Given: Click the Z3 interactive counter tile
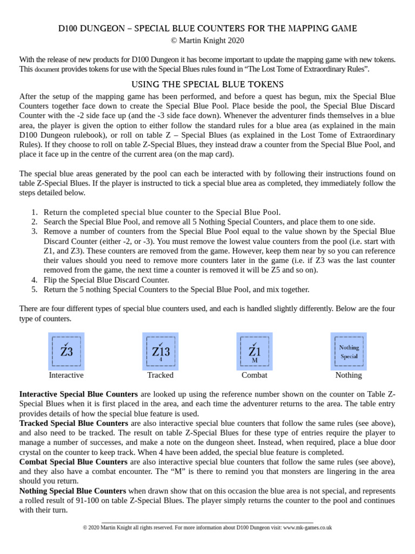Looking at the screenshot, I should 66,351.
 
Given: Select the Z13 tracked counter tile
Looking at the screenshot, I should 160,351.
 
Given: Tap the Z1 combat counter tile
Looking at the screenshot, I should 255,351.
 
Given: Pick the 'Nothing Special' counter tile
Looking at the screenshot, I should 349,351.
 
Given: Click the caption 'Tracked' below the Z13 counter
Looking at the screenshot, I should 160,375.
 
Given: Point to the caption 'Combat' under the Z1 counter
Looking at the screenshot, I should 255,375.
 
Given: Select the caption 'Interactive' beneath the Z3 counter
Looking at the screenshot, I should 66,375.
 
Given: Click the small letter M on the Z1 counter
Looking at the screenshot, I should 255,360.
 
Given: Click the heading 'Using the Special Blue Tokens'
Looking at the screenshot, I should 207,84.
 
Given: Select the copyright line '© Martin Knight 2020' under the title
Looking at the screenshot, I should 207,40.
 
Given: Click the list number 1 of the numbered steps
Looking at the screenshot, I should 34,212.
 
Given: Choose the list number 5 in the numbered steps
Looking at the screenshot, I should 34,289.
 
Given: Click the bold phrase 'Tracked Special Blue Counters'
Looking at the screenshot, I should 73,423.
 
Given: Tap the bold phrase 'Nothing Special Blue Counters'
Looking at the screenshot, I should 72,491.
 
